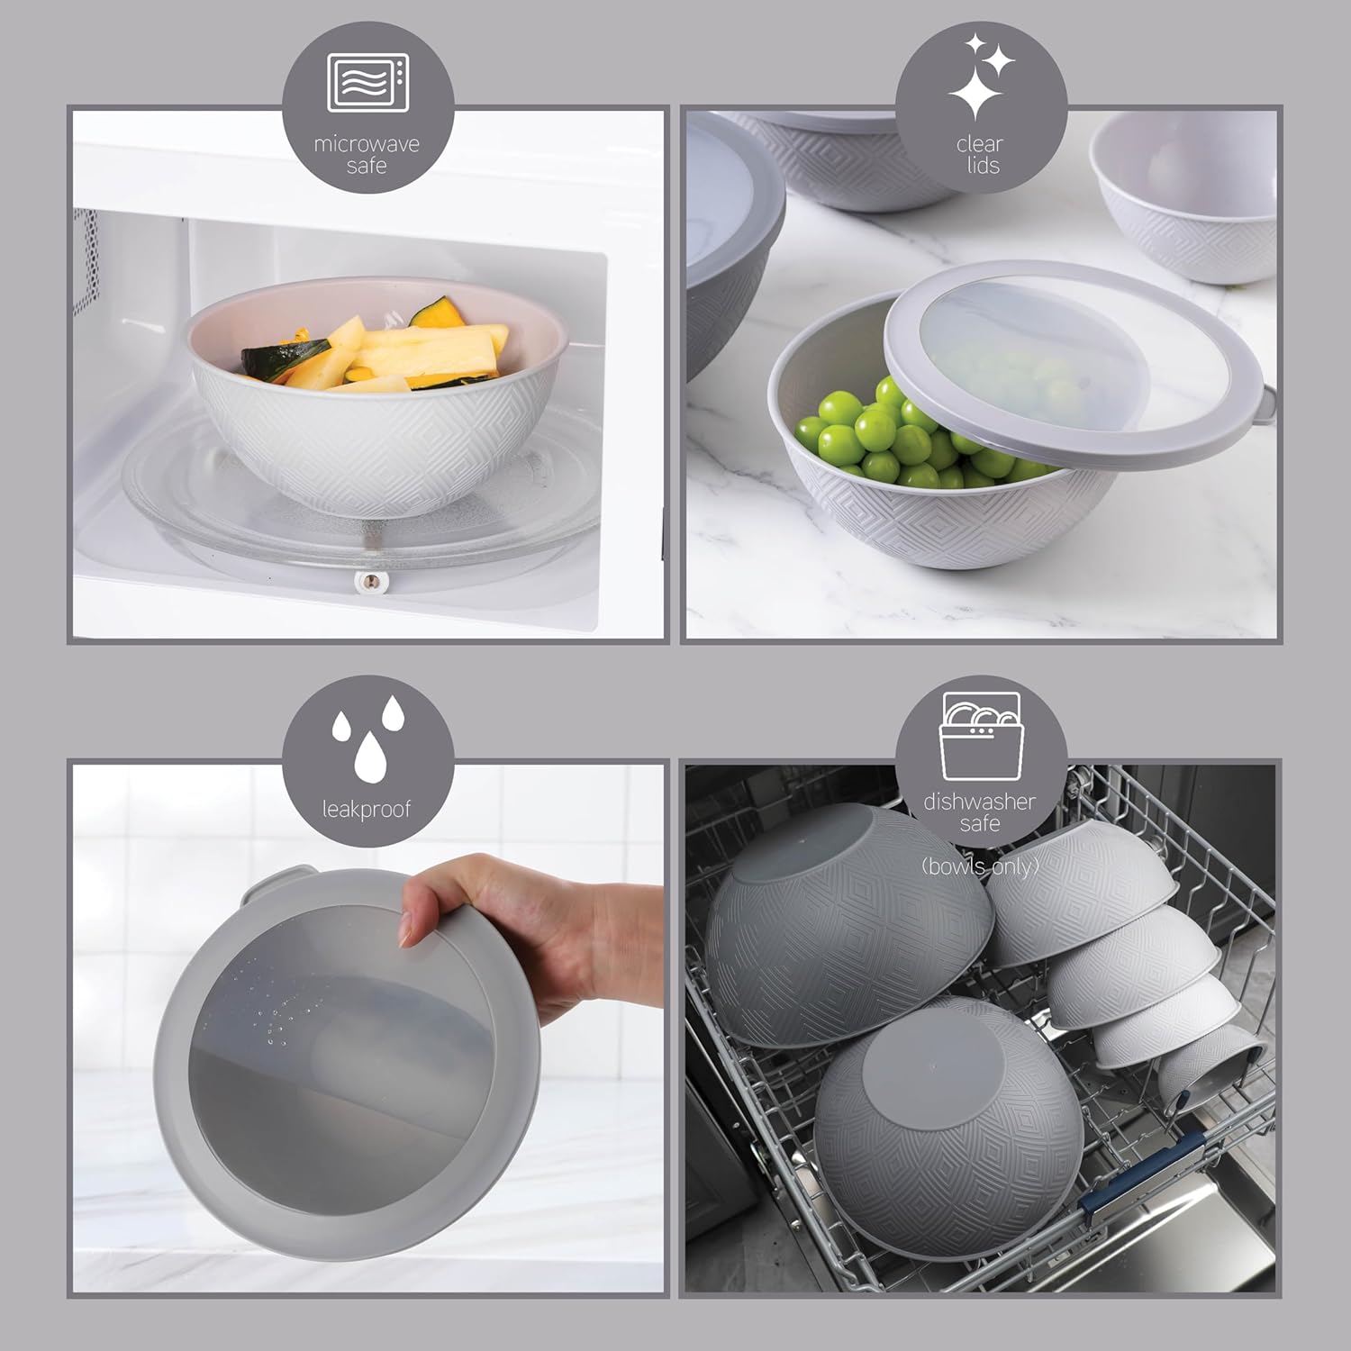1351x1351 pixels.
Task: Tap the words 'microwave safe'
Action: coord(367,155)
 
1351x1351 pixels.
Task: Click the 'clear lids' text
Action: coord(980,155)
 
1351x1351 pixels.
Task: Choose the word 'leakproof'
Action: coord(367,810)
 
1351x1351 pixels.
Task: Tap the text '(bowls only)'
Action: coord(980,866)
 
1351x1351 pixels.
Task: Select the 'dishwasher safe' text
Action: coord(980,812)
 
